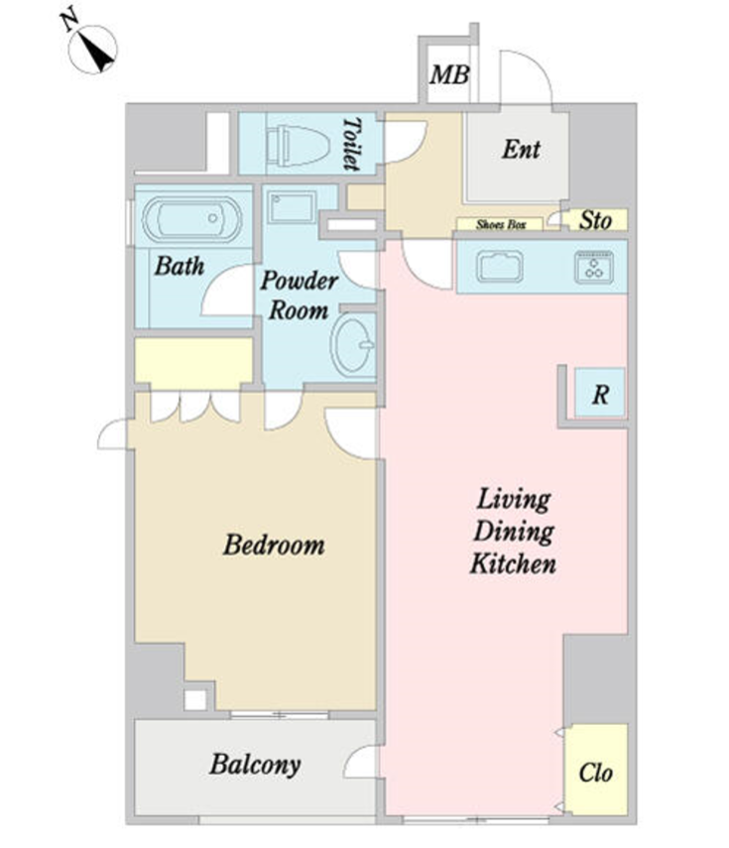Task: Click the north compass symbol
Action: click(x=92, y=49)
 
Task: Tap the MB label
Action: click(x=449, y=75)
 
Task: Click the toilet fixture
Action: click(x=298, y=145)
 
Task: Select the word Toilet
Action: click(x=352, y=145)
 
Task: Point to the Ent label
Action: click(x=521, y=149)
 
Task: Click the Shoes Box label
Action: click(x=501, y=224)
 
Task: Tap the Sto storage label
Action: click(x=595, y=220)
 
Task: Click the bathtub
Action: click(x=192, y=219)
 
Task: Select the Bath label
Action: click(x=180, y=266)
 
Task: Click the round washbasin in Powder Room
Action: click(x=353, y=344)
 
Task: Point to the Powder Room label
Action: click(x=300, y=296)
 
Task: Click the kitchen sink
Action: click(x=500, y=267)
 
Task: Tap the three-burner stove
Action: click(x=594, y=267)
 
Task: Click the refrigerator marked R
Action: click(x=600, y=393)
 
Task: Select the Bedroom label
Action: click(x=274, y=545)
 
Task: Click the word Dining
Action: click(x=514, y=532)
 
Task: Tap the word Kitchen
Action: click(x=513, y=563)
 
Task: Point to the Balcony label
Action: click(x=255, y=766)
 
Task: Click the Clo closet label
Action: click(x=595, y=773)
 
